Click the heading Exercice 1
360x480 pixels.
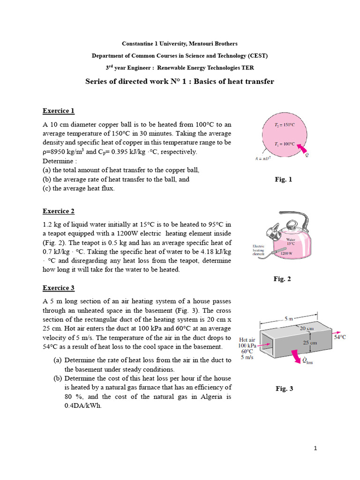59,111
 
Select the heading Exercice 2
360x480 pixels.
59,211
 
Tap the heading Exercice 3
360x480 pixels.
59,288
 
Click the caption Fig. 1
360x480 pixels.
283,179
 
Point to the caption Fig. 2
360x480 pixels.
282,279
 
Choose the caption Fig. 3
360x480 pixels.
284,388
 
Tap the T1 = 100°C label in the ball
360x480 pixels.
284,144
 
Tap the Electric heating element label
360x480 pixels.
259,250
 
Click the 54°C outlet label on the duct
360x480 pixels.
339,337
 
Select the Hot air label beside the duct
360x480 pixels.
247,340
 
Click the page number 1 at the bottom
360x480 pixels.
315,449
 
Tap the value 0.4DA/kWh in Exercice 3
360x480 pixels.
83,406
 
